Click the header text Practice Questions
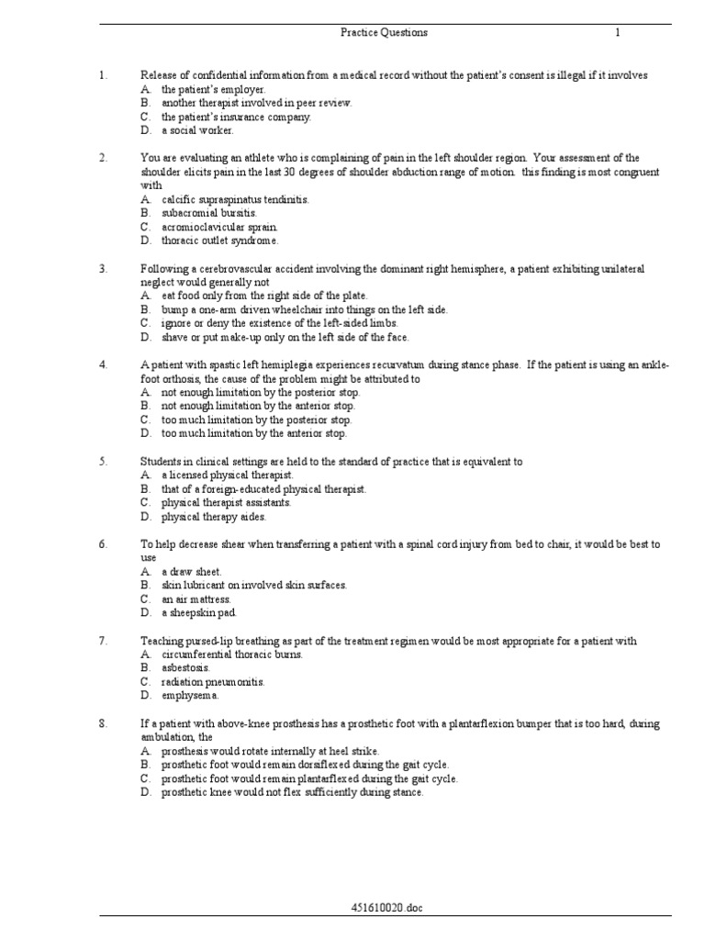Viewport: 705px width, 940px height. pos(384,33)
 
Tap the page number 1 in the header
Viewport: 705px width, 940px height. pos(618,33)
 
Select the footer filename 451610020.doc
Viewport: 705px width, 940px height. pos(386,908)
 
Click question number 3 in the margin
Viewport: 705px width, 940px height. pos(104,269)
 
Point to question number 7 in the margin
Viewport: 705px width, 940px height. pos(104,641)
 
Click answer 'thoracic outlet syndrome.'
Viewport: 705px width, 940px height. pos(219,241)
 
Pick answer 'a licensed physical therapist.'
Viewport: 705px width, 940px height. pos(228,476)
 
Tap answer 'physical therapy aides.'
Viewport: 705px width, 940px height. pos(214,517)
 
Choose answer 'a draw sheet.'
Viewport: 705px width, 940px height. pos(192,572)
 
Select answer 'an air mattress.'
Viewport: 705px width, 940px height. pos(196,599)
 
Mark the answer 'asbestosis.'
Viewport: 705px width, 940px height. pos(186,668)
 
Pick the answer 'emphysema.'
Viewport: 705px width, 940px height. pos(190,696)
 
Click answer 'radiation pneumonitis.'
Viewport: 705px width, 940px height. pos(213,682)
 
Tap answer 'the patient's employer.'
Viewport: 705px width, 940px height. pos(214,89)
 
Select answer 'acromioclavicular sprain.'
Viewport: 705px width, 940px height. pos(219,227)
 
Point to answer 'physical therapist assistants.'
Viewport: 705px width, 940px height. pos(227,503)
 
